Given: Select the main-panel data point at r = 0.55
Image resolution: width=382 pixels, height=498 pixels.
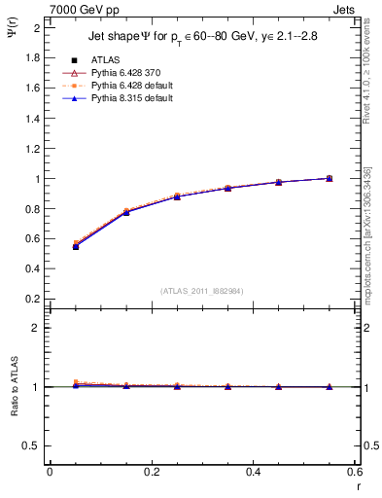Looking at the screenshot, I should pyautogui.click(x=330, y=178).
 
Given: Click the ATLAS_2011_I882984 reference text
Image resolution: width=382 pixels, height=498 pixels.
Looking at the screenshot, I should pyautogui.click(x=200, y=290).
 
